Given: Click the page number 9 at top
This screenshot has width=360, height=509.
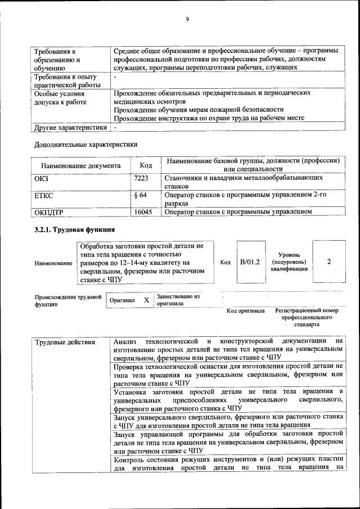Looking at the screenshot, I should click(187, 20).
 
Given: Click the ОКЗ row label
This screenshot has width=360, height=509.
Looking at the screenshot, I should click(42, 178).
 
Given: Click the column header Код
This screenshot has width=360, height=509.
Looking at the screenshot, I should click(145, 165).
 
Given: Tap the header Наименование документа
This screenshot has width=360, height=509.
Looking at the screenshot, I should click(80, 166).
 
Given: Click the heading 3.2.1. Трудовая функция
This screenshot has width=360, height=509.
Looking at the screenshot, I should click(74, 229).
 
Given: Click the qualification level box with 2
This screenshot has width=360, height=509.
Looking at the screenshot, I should click(328, 262).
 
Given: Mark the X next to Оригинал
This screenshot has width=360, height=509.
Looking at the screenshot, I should click(146, 300).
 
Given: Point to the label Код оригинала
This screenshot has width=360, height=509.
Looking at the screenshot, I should click(245, 310).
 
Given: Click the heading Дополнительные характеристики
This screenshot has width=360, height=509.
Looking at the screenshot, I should click(86, 145).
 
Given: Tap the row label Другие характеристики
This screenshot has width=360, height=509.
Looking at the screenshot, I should click(70, 128).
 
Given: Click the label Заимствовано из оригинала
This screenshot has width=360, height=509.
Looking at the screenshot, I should click(178, 299).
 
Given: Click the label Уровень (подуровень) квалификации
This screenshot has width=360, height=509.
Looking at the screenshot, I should click(289, 262).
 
